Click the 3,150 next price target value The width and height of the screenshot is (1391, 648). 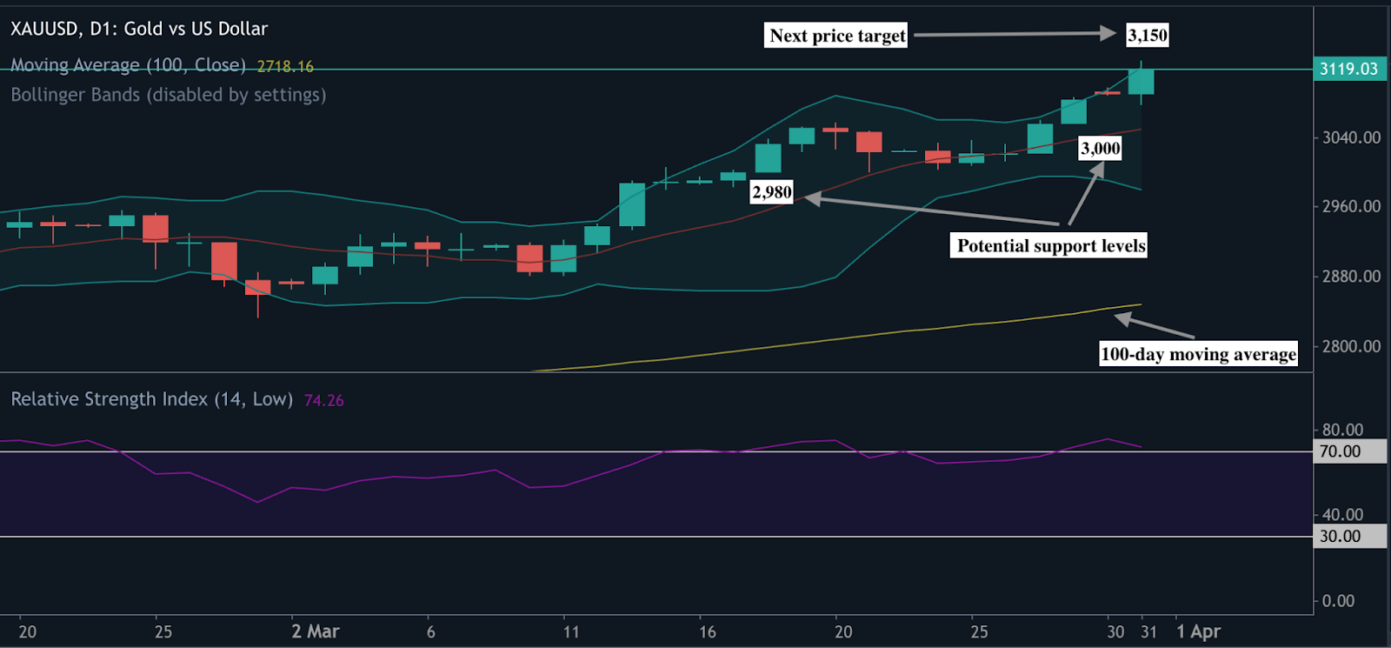[x=1148, y=35]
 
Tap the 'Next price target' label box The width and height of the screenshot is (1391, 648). [x=837, y=36]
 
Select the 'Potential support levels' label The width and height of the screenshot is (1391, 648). [x=1051, y=245]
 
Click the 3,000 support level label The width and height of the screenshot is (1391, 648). [x=1100, y=148]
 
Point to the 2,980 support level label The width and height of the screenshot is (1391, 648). [x=772, y=192]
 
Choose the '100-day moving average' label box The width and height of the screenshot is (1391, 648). [x=1198, y=354]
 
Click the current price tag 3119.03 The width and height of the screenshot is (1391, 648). [x=1348, y=69]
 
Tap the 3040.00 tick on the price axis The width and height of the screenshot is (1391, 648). [x=1351, y=137]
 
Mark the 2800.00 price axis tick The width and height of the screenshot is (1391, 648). [x=1351, y=346]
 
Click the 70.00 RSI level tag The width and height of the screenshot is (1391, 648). [x=1340, y=451]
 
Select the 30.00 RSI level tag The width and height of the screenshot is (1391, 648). [x=1340, y=536]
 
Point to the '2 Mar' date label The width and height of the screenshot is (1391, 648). [x=316, y=631]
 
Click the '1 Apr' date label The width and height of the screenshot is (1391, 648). [x=1198, y=631]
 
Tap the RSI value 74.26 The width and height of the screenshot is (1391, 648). [x=323, y=400]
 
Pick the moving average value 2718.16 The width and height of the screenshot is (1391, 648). [x=285, y=66]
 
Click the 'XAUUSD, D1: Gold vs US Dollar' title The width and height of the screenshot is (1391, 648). [x=139, y=29]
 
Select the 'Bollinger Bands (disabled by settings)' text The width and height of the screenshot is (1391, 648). [x=169, y=95]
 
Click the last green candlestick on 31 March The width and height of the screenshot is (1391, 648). [x=1141, y=81]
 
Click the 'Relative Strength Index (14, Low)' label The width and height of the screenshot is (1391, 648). [x=152, y=399]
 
